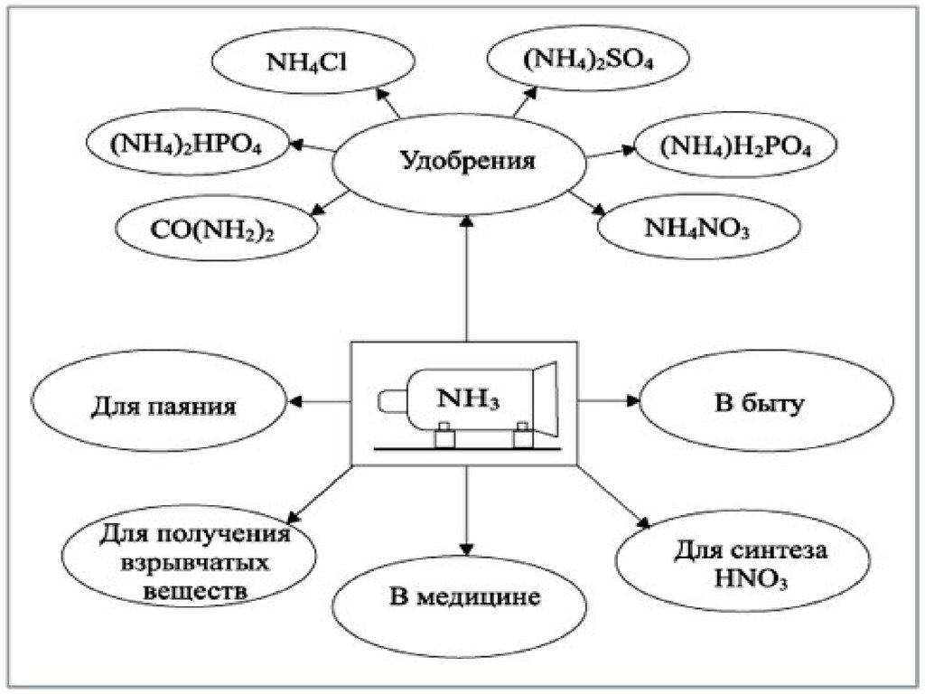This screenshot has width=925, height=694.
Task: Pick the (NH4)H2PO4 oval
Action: click(735, 147)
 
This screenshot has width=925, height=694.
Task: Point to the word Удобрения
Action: click(467, 163)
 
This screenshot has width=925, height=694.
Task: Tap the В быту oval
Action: click(757, 404)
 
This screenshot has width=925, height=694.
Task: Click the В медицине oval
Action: click(465, 597)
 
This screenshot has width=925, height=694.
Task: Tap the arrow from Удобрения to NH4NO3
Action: click(592, 202)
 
